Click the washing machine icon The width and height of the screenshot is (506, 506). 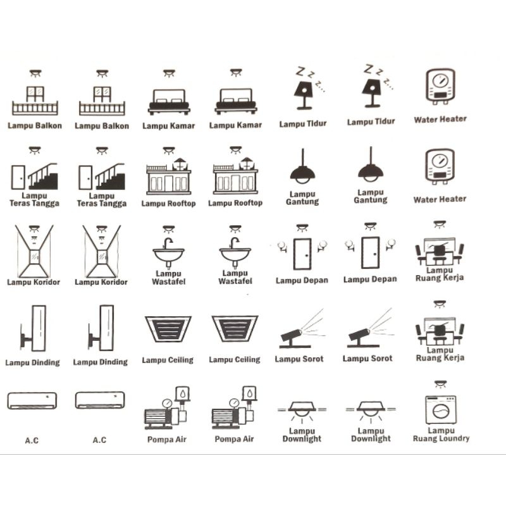tap(441, 409)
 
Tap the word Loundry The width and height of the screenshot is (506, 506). tap(455, 438)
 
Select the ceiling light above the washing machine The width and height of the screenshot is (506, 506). tap(440, 384)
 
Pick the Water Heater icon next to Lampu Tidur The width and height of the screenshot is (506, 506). tap(440, 86)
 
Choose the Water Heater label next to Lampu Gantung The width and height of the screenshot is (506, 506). tap(440, 199)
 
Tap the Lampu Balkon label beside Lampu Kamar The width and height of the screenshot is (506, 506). tap(102, 126)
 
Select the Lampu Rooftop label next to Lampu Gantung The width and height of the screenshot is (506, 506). tap(235, 203)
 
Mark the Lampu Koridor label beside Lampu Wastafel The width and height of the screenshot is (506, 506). tap(101, 282)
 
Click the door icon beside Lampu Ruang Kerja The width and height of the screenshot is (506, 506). tap(370, 252)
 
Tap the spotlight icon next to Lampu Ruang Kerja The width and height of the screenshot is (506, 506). tap(371, 328)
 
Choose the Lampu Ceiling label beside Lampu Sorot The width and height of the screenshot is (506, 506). tap(235, 359)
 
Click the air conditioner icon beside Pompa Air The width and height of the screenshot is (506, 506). tap(100, 400)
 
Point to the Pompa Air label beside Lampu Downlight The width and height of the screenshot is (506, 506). tap(234, 439)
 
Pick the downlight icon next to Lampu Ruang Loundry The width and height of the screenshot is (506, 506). tap(371, 411)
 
